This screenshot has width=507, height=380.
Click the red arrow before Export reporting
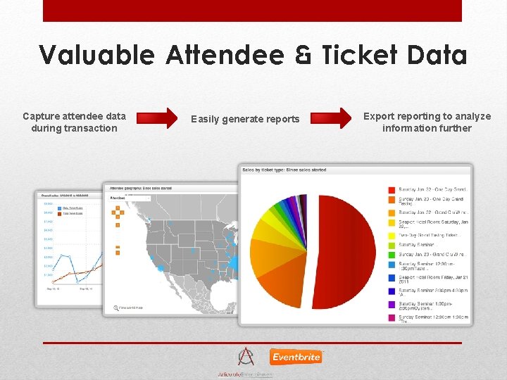point(333,118)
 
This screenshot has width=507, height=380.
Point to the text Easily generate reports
point(245,119)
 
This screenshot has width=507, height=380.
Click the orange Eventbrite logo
point(295,357)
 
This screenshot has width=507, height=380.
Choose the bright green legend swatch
point(392,245)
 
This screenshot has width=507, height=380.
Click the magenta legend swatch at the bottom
point(392,318)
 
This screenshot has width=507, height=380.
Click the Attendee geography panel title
point(141,187)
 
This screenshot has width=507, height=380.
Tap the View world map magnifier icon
point(115,308)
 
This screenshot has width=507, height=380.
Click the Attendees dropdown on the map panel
point(130,198)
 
